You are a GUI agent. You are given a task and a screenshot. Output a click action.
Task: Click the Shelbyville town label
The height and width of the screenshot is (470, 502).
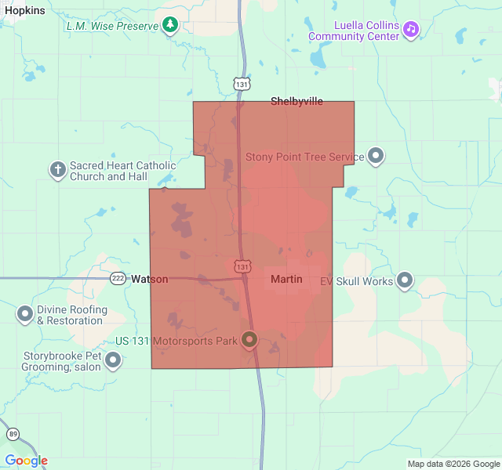click(x=296, y=101)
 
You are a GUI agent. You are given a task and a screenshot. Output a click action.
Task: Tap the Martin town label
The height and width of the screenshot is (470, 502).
click(x=286, y=279)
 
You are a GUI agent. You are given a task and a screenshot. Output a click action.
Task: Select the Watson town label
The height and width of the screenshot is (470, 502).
click(x=149, y=279)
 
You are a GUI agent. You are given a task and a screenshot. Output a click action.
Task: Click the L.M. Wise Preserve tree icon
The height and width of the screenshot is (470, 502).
click(x=170, y=26)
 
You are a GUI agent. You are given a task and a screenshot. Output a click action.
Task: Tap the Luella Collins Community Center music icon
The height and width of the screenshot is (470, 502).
click(x=411, y=29)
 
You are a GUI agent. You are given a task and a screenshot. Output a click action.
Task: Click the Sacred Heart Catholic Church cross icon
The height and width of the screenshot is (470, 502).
click(x=57, y=169)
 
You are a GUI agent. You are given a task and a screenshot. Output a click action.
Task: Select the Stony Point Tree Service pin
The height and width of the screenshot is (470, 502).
click(x=376, y=156)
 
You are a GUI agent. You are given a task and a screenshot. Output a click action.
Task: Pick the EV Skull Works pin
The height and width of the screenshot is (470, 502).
click(x=405, y=280)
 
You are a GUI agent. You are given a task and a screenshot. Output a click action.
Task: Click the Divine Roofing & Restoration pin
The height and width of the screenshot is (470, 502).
click(x=25, y=315)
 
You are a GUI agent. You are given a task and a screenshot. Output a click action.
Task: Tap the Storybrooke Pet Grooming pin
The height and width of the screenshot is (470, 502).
click(x=114, y=360)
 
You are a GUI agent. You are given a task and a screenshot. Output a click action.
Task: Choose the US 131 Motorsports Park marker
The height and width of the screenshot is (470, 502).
click(x=249, y=339)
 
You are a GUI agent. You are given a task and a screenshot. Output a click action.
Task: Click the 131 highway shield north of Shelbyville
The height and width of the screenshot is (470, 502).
click(x=242, y=82)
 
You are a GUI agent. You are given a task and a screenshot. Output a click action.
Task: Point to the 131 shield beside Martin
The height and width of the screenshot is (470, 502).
click(x=243, y=266)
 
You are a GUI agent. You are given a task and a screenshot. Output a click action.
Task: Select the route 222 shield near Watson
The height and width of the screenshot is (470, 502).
click(x=118, y=279)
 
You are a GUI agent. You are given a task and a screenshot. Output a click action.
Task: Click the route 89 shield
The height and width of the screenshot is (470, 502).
click(x=13, y=434)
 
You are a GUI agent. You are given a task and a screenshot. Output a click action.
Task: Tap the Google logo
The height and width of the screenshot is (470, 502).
click(x=26, y=461)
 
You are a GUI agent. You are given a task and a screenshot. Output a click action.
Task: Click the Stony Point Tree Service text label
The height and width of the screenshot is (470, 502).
click(x=305, y=157)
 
